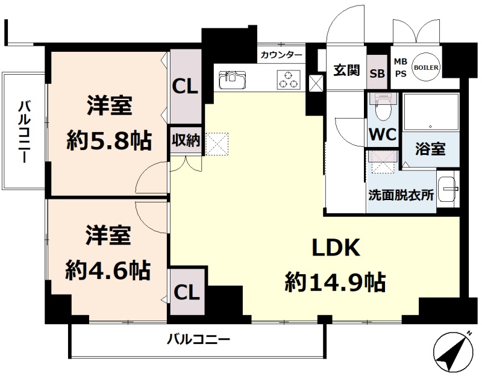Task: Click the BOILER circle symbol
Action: coord(426,67)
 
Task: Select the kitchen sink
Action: coord(231,80)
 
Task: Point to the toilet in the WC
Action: coord(382,108)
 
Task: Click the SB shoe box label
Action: coord(377,74)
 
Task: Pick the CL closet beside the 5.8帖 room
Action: coord(185,86)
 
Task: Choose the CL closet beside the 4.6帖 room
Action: coord(187,293)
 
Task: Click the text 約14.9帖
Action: coord(335,281)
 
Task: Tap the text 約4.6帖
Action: coord(108,269)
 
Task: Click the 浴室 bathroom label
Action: coord(431,149)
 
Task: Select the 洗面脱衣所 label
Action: coord(401,195)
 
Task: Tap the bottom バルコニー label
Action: coord(198,339)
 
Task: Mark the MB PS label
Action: coord(400,67)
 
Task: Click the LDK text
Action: coord(335,248)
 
